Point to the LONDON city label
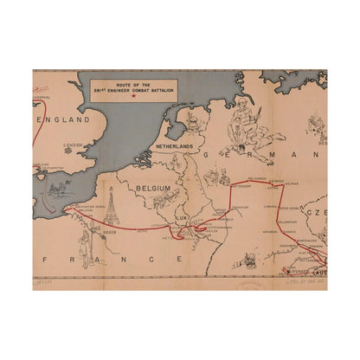(x=74, y=145)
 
